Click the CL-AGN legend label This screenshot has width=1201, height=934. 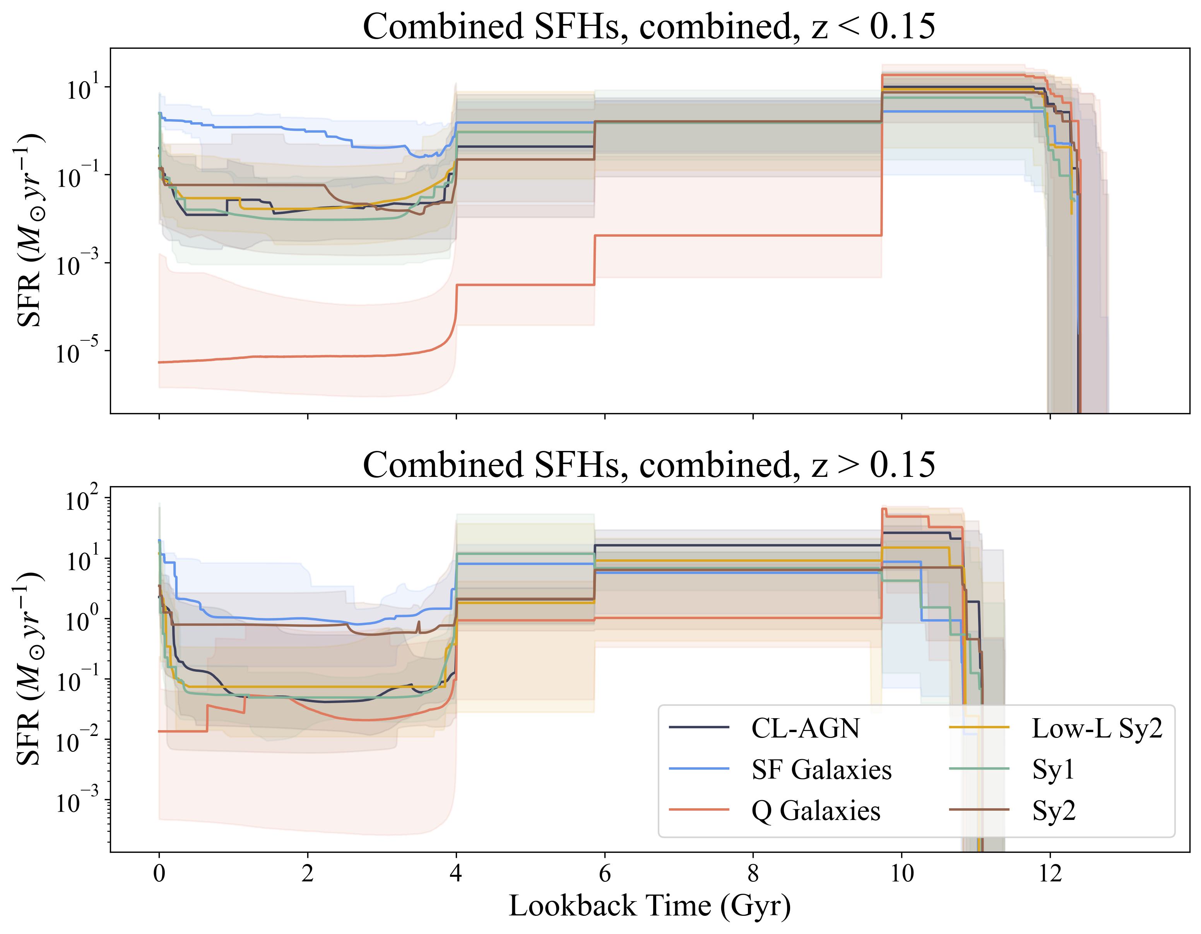[805, 729]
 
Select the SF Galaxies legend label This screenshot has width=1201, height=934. [821, 770]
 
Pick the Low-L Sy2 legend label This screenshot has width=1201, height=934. [1097, 729]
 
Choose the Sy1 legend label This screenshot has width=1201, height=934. [1053, 770]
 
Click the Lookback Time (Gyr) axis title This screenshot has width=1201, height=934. [649, 907]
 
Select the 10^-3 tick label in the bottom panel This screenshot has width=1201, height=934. [77, 801]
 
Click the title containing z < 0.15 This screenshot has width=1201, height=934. [649, 26]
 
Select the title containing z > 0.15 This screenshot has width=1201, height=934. [649, 464]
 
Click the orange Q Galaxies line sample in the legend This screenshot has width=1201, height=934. [699, 810]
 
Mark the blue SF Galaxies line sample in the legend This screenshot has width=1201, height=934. [699, 769]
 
